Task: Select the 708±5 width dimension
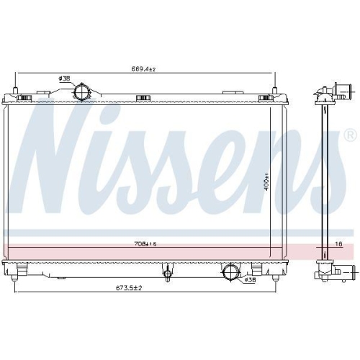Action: click(x=145, y=244)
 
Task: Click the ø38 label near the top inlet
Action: click(x=64, y=78)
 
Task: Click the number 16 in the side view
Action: click(x=339, y=244)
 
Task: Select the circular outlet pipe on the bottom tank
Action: click(x=232, y=272)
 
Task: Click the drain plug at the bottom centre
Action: click(x=168, y=273)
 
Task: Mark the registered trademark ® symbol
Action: click(x=349, y=135)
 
